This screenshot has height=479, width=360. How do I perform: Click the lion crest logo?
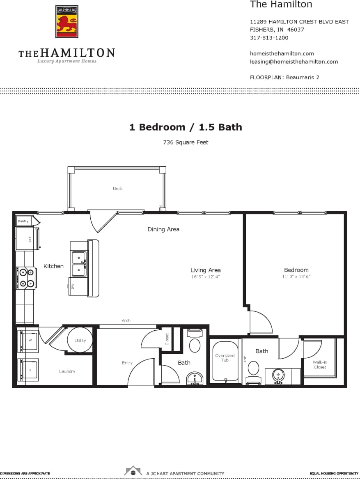(x=66, y=22)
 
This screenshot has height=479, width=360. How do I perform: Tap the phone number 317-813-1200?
(x=269, y=38)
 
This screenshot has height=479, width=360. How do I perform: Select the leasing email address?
(x=294, y=62)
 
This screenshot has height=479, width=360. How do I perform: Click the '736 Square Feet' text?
(x=186, y=143)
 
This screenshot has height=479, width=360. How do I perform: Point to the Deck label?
(x=118, y=189)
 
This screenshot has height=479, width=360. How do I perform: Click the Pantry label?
(x=23, y=221)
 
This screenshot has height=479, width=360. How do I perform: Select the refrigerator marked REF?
(x=27, y=239)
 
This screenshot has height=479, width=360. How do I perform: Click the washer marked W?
(x=29, y=341)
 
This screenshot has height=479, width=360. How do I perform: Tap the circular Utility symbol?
(x=80, y=340)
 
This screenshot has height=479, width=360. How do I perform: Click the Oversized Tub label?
(x=225, y=358)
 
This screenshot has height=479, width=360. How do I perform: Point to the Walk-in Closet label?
(x=320, y=364)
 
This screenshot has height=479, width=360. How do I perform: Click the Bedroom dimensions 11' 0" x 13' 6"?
(x=296, y=276)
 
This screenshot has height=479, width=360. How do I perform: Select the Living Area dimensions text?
(x=205, y=277)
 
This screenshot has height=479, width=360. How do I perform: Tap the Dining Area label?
(x=163, y=229)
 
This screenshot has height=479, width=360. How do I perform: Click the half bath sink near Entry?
(x=195, y=378)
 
